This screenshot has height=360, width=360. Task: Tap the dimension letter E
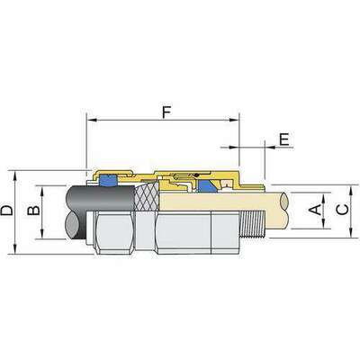[284, 139]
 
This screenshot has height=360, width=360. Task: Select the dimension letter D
[7, 211]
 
